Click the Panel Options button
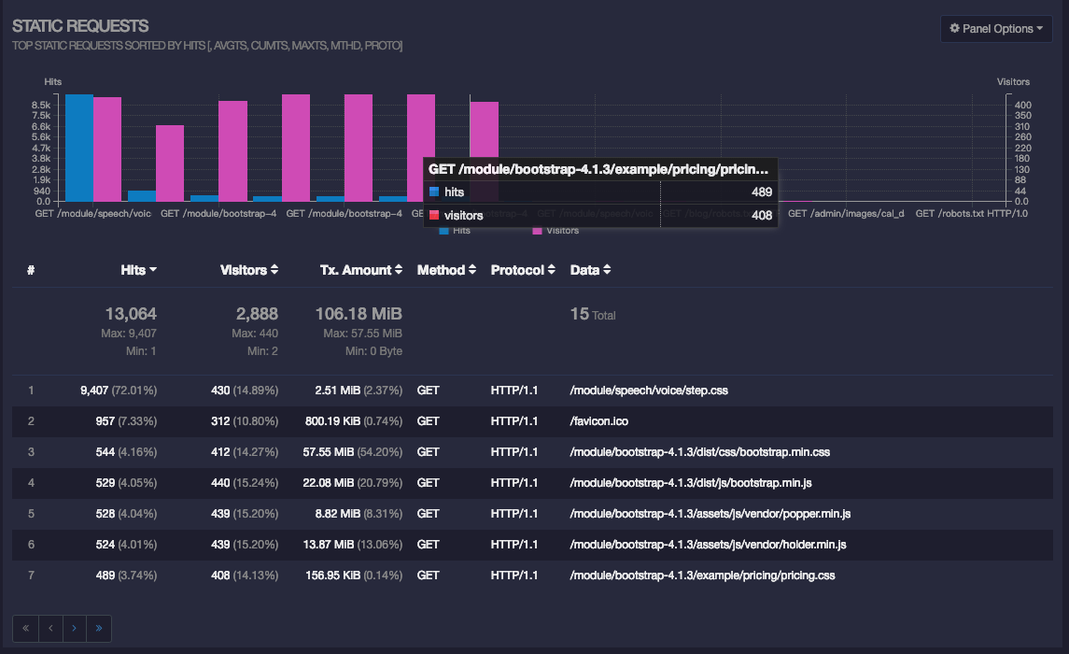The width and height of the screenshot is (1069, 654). coord(995,29)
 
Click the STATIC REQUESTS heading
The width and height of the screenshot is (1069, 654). coord(80,26)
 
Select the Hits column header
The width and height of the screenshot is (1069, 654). coord(138,270)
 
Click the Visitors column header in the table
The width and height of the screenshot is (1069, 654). coord(248,270)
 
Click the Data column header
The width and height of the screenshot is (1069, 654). coord(589,270)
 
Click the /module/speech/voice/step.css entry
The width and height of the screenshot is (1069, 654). coord(648,391)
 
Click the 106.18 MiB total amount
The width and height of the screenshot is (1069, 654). coord(359,314)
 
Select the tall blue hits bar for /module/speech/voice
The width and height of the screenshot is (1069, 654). coord(79,148)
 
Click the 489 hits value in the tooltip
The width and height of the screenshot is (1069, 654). coord(761,192)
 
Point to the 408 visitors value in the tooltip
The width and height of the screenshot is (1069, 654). coord(761,216)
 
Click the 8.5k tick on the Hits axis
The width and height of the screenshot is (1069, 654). coord(40,105)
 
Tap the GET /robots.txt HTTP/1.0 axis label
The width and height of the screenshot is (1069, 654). coord(971,214)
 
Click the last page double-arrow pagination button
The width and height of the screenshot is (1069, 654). coord(98,629)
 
